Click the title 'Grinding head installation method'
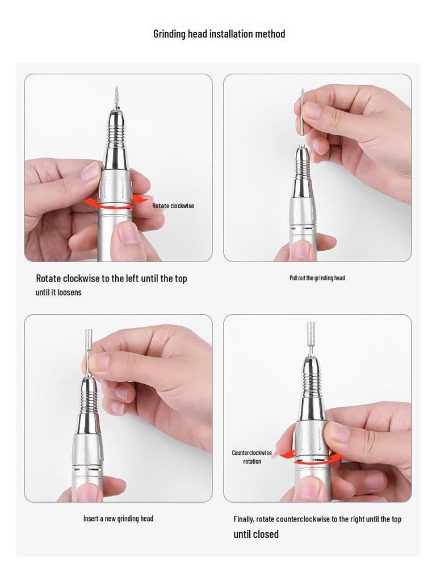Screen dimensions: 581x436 tap(219, 34)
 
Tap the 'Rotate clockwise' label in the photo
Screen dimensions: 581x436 tap(173, 206)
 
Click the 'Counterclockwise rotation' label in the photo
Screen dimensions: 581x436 tap(251, 457)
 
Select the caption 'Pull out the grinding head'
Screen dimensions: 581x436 tap(317, 278)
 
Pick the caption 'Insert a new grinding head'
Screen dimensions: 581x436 tap(118, 519)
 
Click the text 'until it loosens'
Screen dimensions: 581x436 tap(58, 292)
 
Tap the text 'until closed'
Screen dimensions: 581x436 tap(256, 534)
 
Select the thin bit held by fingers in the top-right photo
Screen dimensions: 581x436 tap(303, 112)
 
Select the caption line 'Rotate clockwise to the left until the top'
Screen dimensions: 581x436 tap(111, 279)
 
